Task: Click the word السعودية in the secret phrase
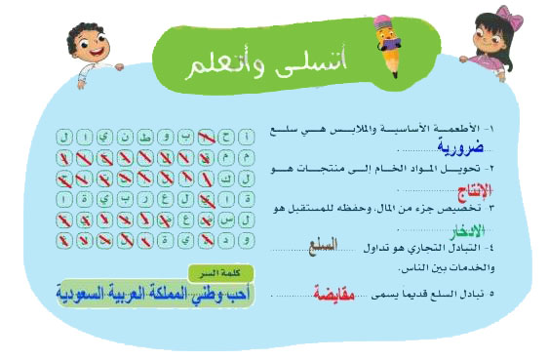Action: [x=90, y=292]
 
